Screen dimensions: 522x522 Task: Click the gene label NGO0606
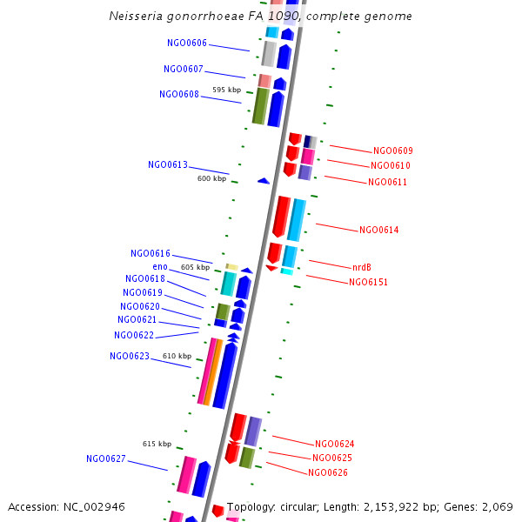(x=187, y=43)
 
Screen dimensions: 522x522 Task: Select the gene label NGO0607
(x=184, y=69)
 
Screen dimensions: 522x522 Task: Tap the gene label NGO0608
(x=179, y=94)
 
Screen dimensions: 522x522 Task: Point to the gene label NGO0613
(x=168, y=164)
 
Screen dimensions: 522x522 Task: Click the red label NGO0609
(x=393, y=151)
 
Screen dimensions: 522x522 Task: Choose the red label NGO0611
(x=387, y=182)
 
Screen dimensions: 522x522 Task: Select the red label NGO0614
(x=379, y=230)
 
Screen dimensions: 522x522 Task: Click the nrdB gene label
(x=362, y=267)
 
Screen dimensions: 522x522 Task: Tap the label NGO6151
(x=369, y=282)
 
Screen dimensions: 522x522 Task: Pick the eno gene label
(x=160, y=266)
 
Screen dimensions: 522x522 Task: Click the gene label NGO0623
(x=130, y=356)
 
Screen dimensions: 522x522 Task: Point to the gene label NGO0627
(x=106, y=458)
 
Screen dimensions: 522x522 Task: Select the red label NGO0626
(x=328, y=472)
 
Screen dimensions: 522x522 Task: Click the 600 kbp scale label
(x=211, y=178)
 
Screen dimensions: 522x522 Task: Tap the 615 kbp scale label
(x=157, y=444)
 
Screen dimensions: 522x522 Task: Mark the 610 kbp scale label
(x=177, y=356)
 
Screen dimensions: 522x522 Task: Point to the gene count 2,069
(x=497, y=506)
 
